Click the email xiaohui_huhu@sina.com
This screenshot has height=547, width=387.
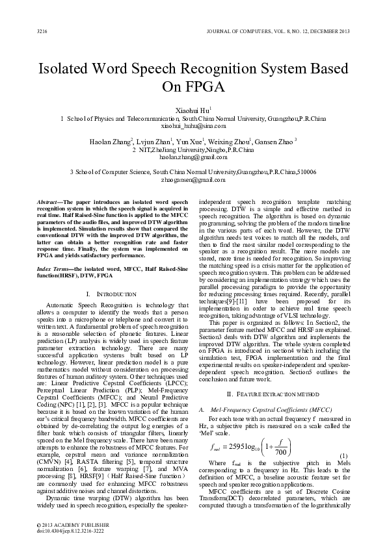(193, 127)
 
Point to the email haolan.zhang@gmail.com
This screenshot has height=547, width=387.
(193, 157)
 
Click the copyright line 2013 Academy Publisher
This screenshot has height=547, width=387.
(73, 523)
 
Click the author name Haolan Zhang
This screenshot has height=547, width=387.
(111, 141)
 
